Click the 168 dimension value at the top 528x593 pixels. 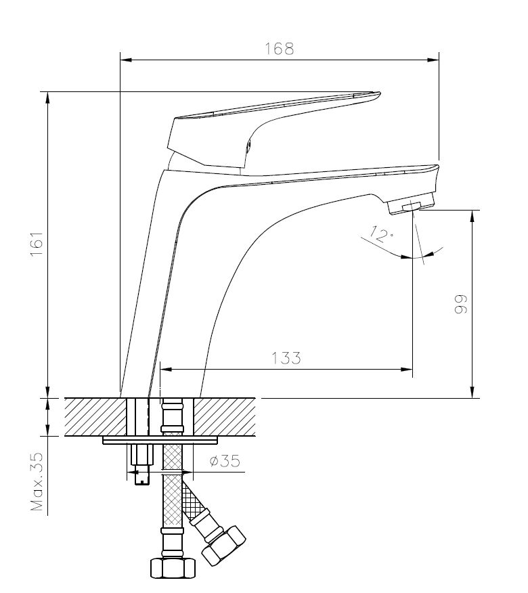click(279, 49)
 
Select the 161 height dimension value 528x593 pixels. click(37, 244)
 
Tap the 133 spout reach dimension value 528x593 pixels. click(286, 358)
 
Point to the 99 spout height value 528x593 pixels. click(461, 303)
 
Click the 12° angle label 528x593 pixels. click(381, 234)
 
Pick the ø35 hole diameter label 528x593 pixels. click(225, 460)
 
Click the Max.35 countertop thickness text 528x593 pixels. click(37, 481)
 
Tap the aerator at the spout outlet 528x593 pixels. click(411, 206)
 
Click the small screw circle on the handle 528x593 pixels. click(248, 146)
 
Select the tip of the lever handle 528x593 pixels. click(379, 93)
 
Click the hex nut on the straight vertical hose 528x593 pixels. click(173, 567)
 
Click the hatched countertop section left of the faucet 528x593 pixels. click(95, 417)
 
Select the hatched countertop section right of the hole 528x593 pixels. click(225, 417)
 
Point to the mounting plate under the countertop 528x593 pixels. click(160, 440)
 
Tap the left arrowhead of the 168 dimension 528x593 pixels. click(126, 60)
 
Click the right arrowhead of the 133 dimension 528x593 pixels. click(407, 369)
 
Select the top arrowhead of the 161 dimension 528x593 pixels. click(47, 97)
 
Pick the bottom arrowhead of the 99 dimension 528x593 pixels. click(472, 392)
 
